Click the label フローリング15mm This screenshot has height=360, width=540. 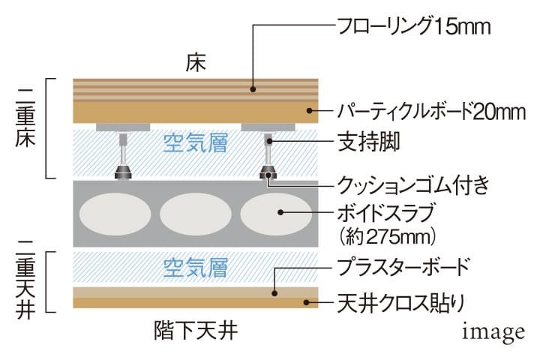(414, 26)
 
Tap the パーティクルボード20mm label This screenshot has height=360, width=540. (431, 111)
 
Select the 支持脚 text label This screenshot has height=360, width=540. (368, 141)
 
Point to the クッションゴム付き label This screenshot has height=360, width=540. (413, 185)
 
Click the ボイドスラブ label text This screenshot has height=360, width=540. (385, 213)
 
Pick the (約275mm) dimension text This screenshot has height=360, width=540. (388, 237)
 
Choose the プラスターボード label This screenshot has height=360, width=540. (403, 267)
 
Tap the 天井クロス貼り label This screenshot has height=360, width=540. (401, 303)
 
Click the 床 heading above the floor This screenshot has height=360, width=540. (196, 63)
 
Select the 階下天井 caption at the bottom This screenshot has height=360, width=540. (196, 330)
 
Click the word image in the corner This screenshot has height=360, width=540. (493, 331)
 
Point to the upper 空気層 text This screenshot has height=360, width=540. (195, 143)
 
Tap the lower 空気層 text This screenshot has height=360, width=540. (195, 268)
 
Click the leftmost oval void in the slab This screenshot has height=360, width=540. (115, 214)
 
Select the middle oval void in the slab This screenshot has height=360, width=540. (196, 214)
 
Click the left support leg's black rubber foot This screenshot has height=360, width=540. (123, 172)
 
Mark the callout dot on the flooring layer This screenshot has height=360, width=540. (253, 89)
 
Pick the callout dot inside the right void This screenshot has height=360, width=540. (280, 212)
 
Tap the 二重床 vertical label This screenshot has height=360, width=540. (25, 118)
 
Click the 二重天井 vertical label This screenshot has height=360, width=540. (25, 280)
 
